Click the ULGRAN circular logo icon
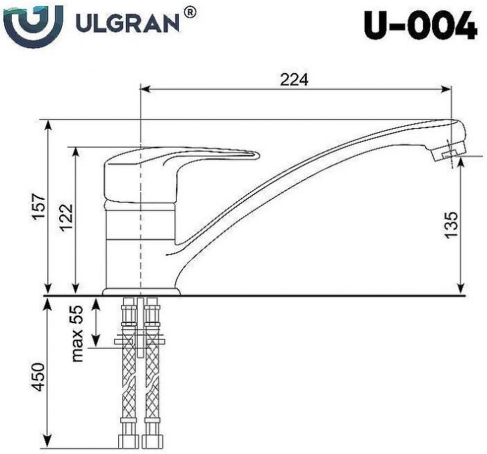(x=32, y=25)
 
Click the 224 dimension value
(x=294, y=79)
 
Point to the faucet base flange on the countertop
(x=141, y=291)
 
